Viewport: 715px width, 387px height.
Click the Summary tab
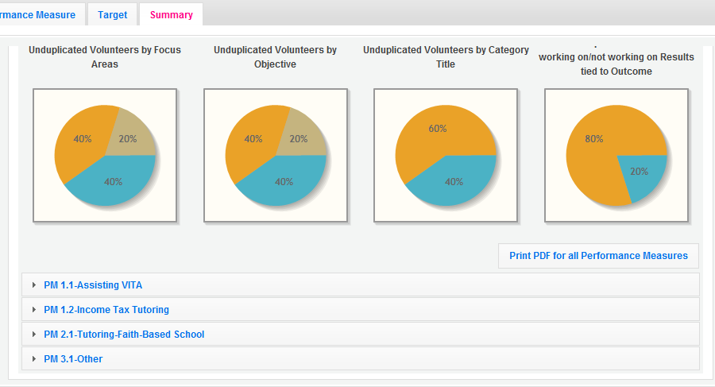coord(171,14)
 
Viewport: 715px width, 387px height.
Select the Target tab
coord(112,14)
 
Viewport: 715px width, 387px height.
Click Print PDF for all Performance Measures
coord(598,256)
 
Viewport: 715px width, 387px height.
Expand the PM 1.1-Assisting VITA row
coord(93,285)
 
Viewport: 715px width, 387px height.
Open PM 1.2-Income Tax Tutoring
coord(106,310)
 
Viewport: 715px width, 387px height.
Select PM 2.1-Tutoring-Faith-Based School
coord(124,335)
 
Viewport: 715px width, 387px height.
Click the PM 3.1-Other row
coord(73,359)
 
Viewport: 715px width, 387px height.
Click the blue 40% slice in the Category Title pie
coord(454,183)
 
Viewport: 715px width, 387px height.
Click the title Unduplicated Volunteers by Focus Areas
coord(105,56)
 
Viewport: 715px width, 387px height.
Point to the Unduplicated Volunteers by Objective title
coord(275,56)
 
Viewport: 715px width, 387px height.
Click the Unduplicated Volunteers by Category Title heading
coord(446,56)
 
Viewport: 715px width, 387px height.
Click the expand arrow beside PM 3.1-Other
coord(33,359)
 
